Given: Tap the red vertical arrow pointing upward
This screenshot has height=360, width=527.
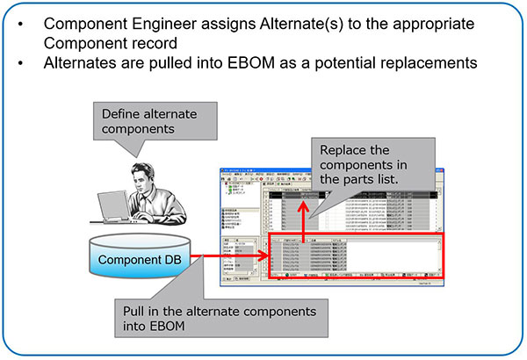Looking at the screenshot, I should pyautogui.click(x=300, y=215).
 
